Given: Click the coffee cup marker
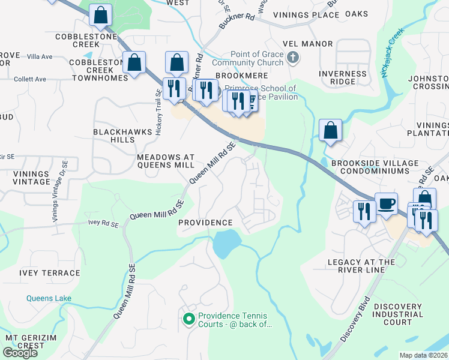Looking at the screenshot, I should [386, 203].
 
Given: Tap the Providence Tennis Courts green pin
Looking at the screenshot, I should [188, 319].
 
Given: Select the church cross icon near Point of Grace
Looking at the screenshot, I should [292, 58].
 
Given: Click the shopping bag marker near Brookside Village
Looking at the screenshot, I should [330, 130].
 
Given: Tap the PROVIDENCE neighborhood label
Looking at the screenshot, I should [205, 223].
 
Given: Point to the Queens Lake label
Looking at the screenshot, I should [49, 298].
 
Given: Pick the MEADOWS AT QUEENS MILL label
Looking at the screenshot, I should [166, 160].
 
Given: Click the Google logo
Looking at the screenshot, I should [20, 352].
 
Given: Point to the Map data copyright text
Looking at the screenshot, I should [424, 355].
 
